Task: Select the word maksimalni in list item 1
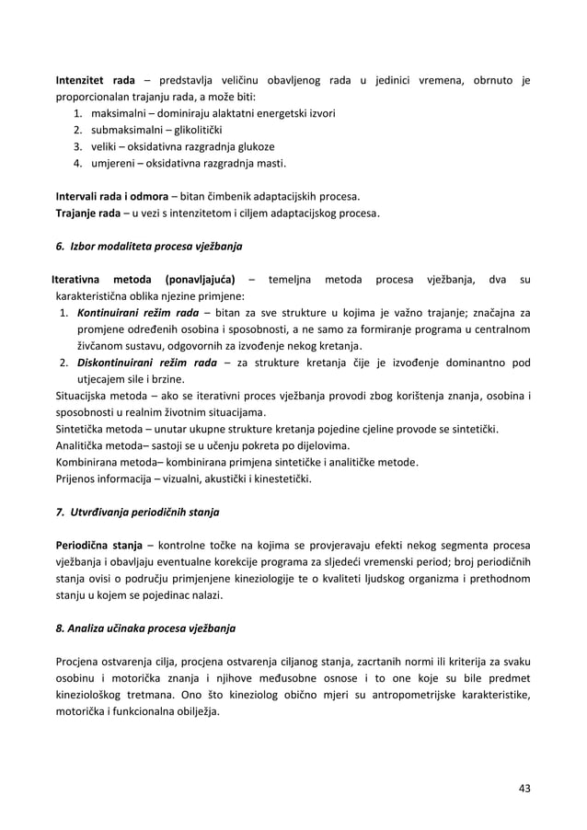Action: pyautogui.click(x=119, y=114)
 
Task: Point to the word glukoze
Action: pyautogui.click(x=252, y=147)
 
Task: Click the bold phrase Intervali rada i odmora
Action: pyautogui.click(x=112, y=197)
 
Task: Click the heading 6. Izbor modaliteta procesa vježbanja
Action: pyautogui.click(x=150, y=247)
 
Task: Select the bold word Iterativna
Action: pyautogui.click(x=77, y=280)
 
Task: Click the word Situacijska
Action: pyautogui.click(x=86, y=396)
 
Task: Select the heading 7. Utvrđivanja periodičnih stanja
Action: pyautogui.click(x=138, y=512)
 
